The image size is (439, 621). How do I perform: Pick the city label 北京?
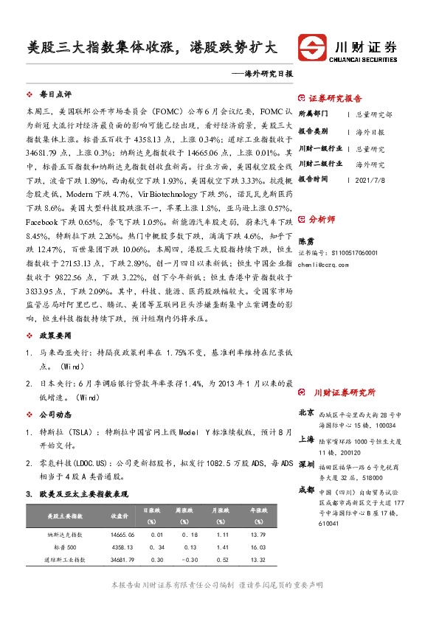point(306,412)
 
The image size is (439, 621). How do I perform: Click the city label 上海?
point(306,439)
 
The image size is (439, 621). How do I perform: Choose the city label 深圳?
point(306,465)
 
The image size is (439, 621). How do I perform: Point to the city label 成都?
point(306,490)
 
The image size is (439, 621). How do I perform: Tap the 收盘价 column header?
point(120,515)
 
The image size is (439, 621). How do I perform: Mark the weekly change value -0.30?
point(191,561)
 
